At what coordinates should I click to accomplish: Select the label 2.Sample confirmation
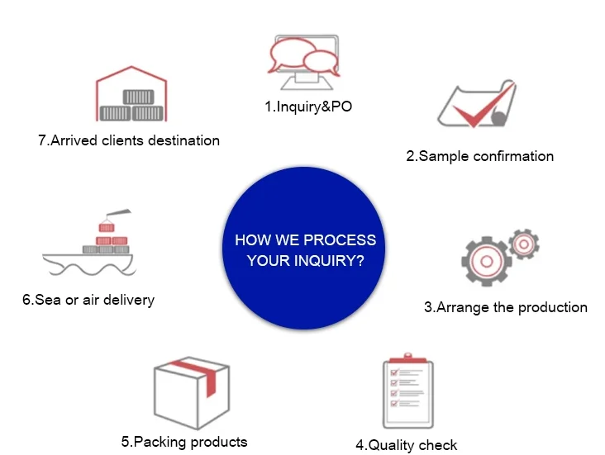[479, 156]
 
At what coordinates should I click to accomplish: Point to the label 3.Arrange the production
[505, 307]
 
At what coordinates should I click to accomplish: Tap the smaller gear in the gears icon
[523, 243]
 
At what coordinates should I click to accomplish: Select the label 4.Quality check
[406, 445]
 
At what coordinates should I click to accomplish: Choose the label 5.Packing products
[184, 441]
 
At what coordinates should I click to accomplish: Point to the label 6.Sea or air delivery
[88, 300]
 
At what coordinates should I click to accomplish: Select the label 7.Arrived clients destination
[129, 140]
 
